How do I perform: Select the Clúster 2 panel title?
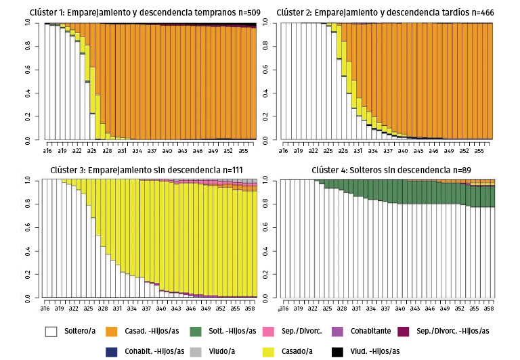(385, 12)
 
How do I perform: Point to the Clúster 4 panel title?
(391, 169)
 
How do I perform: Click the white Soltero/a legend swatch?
(51, 332)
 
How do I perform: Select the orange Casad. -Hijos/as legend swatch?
(112, 332)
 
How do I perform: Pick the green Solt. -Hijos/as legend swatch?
(195, 332)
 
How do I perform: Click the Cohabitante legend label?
(370, 332)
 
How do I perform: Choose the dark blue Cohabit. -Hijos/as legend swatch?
(112, 351)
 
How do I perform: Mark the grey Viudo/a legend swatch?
(195, 351)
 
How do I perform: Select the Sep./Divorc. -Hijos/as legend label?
(452, 332)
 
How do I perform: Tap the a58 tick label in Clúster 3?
(250, 308)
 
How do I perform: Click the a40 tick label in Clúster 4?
(401, 308)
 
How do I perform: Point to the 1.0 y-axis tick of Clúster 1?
(28, 22)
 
